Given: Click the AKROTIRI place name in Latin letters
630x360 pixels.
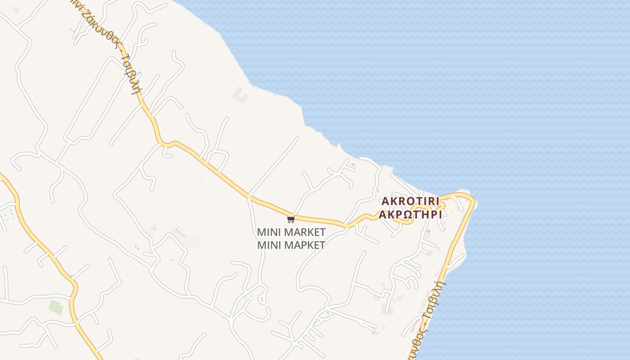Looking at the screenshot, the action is [410, 201].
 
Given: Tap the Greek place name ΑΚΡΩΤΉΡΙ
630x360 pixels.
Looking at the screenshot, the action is [410, 214].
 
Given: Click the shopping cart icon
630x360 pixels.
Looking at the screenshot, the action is [291, 220].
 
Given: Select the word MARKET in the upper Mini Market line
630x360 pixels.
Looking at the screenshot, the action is [305, 233].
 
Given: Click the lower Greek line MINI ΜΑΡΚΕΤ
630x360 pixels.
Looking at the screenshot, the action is [291, 245].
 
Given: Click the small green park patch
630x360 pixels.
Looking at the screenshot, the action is [56, 308].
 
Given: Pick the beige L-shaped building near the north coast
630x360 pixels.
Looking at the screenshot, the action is [240, 95].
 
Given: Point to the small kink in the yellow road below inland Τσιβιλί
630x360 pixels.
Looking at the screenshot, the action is [167, 144].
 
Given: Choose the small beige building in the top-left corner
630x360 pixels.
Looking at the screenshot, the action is [16, 9].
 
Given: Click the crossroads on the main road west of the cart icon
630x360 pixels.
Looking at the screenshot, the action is [249, 197].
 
